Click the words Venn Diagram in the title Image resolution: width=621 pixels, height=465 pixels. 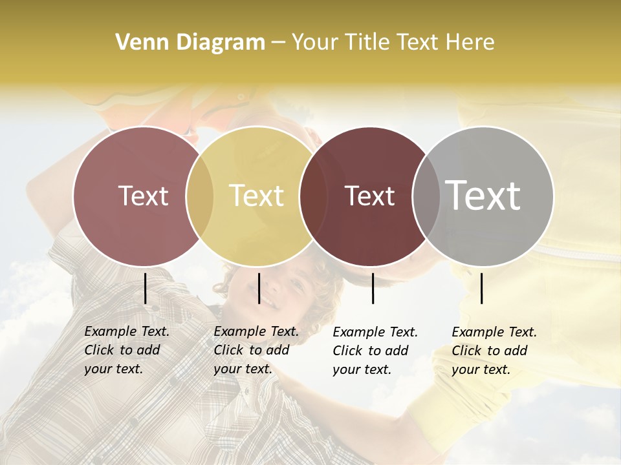point(190,43)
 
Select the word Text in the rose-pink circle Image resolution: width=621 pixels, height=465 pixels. point(143,196)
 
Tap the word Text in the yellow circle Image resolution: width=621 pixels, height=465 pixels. point(256,196)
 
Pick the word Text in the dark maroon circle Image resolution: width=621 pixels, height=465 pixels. point(369,196)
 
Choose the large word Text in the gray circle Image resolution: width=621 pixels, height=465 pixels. point(483,195)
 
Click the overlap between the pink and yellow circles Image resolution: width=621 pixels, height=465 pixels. point(200,196)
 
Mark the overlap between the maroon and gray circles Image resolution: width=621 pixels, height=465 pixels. point(424,196)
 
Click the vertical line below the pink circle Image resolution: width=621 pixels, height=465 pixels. point(145,288)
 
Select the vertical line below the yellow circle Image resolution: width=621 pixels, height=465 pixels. point(259,288)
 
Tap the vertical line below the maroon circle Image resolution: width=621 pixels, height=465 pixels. point(373,288)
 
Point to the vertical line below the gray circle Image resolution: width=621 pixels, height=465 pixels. point(481,288)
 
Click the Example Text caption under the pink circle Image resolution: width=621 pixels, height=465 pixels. point(126,350)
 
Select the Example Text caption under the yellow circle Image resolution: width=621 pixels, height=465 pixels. point(256,350)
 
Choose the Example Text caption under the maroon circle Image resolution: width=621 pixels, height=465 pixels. point(375,351)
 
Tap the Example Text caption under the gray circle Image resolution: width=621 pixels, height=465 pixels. point(494,351)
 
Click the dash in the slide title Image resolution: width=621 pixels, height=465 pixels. point(278,43)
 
